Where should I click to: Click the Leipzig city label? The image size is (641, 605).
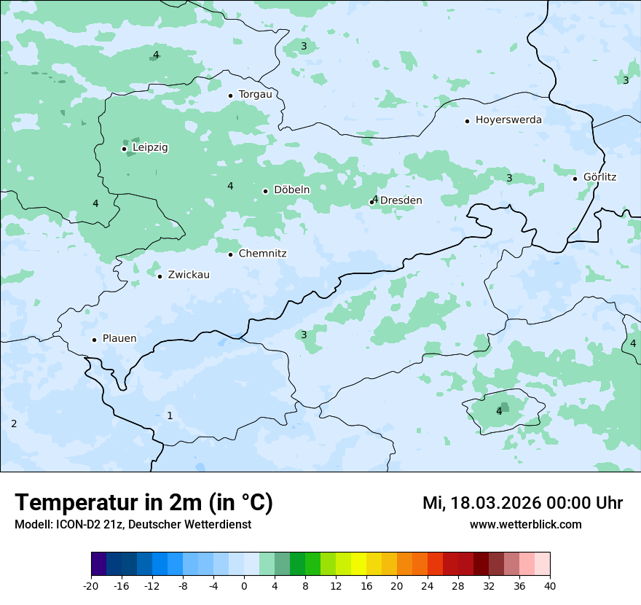click(x=150, y=147)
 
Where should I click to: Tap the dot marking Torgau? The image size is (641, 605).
click(x=230, y=95)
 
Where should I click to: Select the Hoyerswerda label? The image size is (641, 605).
click(x=508, y=120)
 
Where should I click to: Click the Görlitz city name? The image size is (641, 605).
click(x=599, y=177)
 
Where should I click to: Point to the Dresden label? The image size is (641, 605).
click(x=401, y=200)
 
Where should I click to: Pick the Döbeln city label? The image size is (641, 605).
click(x=291, y=190)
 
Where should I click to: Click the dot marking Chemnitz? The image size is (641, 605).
click(x=230, y=254)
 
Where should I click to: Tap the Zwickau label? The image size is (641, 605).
click(x=189, y=275)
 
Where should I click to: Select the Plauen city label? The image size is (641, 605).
click(x=119, y=338)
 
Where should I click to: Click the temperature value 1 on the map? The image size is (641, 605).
click(x=170, y=415)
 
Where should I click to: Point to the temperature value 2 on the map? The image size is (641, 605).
click(x=14, y=423)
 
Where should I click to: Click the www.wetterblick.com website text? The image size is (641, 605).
click(x=525, y=524)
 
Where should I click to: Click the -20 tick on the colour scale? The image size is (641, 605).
click(x=91, y=585)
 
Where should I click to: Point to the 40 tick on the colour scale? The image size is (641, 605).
click(x=549, y=585)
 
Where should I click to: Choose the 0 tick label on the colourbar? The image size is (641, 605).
click(x=244, y=585)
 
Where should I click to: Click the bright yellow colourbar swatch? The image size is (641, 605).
click(x=358, y=564)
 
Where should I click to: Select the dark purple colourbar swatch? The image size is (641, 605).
click(x=99, y=564)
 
